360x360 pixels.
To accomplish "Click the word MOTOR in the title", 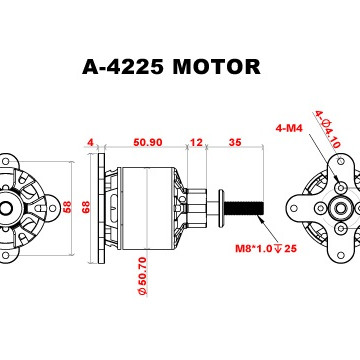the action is click(217, 67).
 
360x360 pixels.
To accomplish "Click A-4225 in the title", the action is click(123, 67).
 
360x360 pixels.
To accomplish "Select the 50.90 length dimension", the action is click(148, 142).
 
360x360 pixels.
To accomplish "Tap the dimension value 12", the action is click(196, 142).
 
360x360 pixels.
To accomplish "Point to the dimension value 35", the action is click(235, 142).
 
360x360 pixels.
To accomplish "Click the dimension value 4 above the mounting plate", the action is click(90, 142).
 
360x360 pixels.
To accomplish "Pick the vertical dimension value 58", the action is click(67, 208).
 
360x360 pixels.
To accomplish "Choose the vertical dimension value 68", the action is click(86, 208).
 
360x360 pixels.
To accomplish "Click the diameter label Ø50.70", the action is click(142, 275).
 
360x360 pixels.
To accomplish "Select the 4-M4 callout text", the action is click(289, 128).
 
